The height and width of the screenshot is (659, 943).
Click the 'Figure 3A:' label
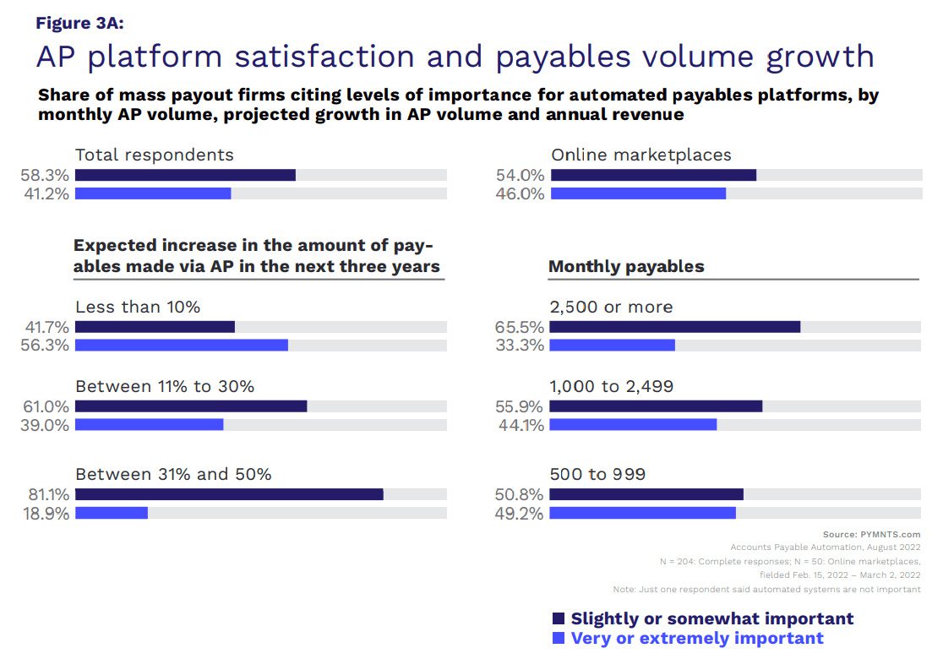pyautogui.click(x=79, y=23)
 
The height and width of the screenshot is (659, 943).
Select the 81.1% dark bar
pyautogui.click(x=229, y=494)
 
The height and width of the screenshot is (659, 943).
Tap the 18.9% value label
pyautogui.click(x=45, y=514)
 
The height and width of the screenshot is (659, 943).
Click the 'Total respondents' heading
pyautogui.click(x=155, y=155)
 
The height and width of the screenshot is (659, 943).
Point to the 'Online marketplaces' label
pyautogui.click(x=641, y=155)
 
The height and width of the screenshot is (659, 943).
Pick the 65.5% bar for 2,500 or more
pyautogui.click(x=675, y=326)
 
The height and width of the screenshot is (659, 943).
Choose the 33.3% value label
pyautogui.click(x=520, y=346)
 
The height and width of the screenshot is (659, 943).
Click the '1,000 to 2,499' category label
pyautogui.click(x=612, y=386)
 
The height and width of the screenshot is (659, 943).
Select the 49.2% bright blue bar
pyautogui.click(x=643, y=513)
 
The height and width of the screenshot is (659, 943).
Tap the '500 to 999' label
pyautogui.click(x=597, y=474)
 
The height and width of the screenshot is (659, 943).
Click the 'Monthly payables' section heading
pyautogui.click(x=626, y=267)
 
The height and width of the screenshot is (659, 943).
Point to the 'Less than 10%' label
pyautogui.click(x=138, y=307)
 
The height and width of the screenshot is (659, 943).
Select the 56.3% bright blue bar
pyautogui.click(x=182, y=345)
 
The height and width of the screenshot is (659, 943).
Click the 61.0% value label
pyautogui.click(x=45, y=406)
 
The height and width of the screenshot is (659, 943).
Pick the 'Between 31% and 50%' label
pyautogui.click(x=173, y=474)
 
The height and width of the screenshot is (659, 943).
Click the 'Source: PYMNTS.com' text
pyautogui.click(x=871, y=534)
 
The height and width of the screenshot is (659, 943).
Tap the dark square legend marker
pyautogui.click(x=558, y=618)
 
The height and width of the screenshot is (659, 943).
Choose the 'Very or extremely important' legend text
pyautogui.click(x=697, y=638)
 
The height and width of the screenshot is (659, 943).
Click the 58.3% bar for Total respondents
pyautogui.click(x=185, y=175)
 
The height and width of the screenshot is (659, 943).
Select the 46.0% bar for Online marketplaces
pyautogui.click(x=638, y=193)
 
